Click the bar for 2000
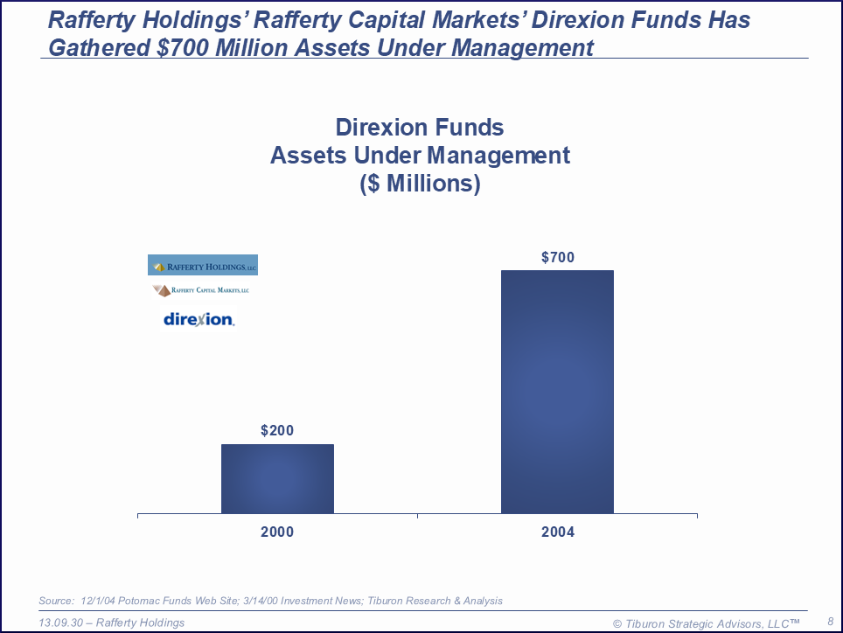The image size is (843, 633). click(277, 478)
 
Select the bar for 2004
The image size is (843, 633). click(557, 391)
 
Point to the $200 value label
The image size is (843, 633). click(277, 430)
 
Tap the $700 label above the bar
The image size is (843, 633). click(558, 257)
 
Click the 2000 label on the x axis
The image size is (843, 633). click(277, 532)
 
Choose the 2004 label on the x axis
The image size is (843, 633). click(558, 532)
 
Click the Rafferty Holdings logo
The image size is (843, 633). click(203, 265)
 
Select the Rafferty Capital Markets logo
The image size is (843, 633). click(200, 289)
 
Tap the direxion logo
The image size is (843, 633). click(199, 319)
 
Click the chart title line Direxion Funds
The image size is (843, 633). click(420, 128)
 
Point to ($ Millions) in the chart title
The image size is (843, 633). click(420, 184)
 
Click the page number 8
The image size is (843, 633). click(829, 621)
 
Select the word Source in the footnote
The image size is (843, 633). click(55, 601)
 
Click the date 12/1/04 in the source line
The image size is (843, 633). click(98, 601)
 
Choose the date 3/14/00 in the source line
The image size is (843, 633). click(256, 601)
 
